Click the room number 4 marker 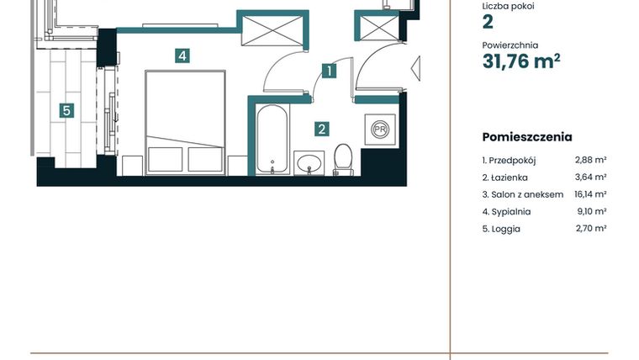point(182,56)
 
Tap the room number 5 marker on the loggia point(66,109)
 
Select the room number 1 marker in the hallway point(330,71)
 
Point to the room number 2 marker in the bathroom point(321,129)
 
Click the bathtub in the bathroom point(271,139)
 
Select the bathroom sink point(309,162)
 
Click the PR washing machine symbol point(380,130)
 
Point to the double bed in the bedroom point(186,121)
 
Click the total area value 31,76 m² point(521,61)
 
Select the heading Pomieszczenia point(527,137)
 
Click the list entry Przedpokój point(510,160)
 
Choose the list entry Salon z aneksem point(522,194)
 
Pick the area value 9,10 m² point(590,211)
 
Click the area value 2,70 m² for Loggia point(590,228)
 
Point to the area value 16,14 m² point(590,194)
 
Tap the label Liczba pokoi point(508,6)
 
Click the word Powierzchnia point(510,45)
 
